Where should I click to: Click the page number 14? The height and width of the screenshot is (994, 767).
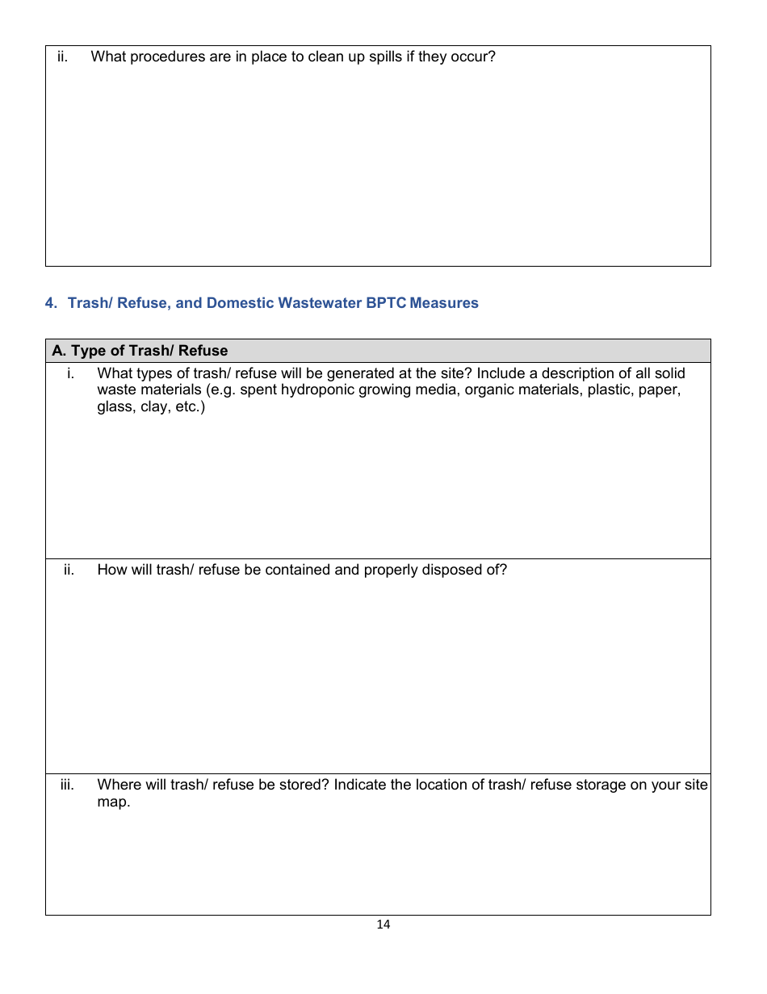pyautogui.click(x=383, y=925)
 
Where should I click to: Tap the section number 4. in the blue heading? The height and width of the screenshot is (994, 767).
pyautogui.click(x=52, y=303)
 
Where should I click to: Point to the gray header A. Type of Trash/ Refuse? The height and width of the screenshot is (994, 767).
pyautogui.click(x=140, y=351)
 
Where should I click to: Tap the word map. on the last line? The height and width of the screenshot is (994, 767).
pyautogui.click(x=113, y=802)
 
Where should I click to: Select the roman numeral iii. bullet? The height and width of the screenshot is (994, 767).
pyautogui.click(x=67, y=785)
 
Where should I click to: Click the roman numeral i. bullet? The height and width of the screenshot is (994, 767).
pyautogui.click(x=71, y=373)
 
